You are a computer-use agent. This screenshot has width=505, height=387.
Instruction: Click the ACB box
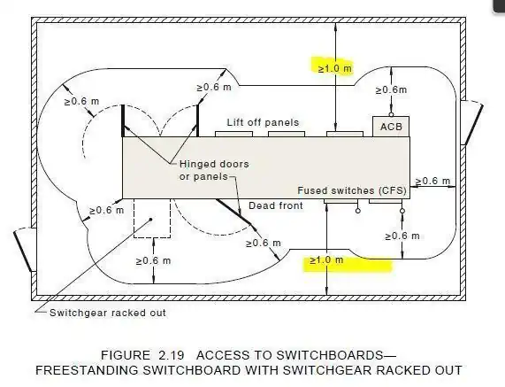(391, 127)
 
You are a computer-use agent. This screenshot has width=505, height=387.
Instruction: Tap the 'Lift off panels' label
(263, 122)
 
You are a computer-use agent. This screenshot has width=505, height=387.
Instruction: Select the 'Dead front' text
(276, 205)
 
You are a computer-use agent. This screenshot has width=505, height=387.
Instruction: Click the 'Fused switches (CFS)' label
(352, 190)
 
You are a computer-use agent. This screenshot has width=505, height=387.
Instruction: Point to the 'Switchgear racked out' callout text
(108, 313)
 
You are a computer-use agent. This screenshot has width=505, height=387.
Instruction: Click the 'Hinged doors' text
(214, 164)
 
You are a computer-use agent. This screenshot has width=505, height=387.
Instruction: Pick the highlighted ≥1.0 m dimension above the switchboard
(335, 68)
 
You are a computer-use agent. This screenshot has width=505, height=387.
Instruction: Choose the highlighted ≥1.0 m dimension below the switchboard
(326, 260)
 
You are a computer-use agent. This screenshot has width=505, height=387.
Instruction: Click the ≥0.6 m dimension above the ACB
(391, 89)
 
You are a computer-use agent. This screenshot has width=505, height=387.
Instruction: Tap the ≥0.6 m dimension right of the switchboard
(432, 182)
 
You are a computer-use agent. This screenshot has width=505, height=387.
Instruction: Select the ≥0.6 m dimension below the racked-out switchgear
(153, 260)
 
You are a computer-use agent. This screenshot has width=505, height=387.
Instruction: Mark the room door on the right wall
(472, 123)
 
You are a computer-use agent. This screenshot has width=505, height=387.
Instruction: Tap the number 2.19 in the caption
(171, 355)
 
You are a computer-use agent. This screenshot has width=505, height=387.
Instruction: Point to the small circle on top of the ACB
(391, 114)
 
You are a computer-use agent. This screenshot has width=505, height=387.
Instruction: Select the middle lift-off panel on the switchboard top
(287, 134)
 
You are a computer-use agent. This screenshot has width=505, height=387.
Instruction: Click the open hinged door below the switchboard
(233, 212)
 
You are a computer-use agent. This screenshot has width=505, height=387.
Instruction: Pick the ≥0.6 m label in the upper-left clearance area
(81, 101)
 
